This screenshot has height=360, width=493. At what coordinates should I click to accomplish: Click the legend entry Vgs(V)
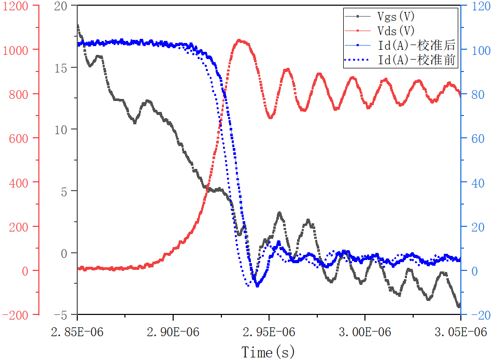tap(396, 17)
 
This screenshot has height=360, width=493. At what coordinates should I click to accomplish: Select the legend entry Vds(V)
tap(396, 31)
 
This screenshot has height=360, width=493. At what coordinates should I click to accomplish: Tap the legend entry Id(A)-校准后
tap(417, 45)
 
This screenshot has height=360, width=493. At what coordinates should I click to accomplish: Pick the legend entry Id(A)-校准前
tap(417, 60)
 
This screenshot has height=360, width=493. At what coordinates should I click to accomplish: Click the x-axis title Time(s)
tap(268, 352)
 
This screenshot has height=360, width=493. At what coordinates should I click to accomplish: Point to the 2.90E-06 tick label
tap(173, 332)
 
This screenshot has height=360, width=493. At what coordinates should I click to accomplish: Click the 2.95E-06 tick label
tap(269, 332)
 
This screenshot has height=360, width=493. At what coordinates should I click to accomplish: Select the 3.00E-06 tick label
tap(365, 332)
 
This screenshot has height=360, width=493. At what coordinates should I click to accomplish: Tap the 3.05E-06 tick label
tap(461, 332)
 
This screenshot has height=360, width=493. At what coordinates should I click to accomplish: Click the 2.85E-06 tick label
tap(77, 332)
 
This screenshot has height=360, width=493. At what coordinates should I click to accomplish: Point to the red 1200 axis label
tap(15, 6)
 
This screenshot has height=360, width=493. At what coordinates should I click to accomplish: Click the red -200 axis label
tap(15, 315)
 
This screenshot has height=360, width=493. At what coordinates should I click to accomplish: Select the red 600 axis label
tap(19, 138)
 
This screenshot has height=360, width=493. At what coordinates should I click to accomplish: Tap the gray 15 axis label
tap(61, 68)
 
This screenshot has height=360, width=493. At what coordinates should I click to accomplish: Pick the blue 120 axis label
tap(481, 6)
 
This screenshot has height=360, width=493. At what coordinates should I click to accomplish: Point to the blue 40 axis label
tap(478, 183)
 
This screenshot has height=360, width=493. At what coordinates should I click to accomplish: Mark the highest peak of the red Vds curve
tap(239, 40)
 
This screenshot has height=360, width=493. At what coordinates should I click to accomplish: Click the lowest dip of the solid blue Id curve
tap(258, 285)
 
